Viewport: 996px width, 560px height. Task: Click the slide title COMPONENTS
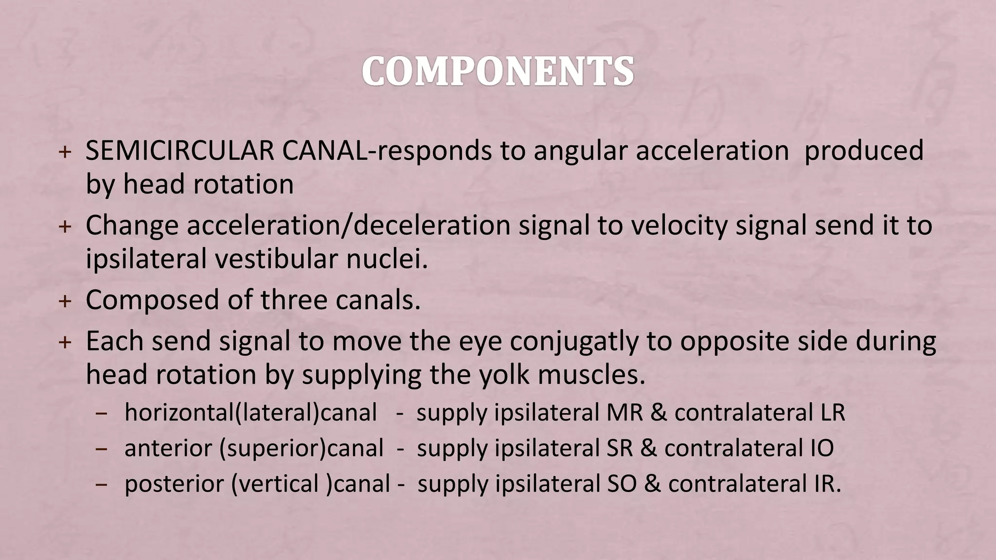(498, 72)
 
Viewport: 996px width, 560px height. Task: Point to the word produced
(864, 151)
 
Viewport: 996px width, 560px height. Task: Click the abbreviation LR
(829, 413)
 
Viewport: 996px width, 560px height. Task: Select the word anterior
(168, 448)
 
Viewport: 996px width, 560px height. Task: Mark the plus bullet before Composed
(64, 301)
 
